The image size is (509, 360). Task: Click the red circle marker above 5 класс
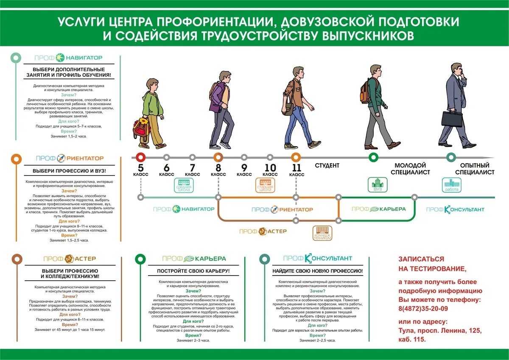(140, 157)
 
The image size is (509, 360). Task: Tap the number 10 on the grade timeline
(270, 167)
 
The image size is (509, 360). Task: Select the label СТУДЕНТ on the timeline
(327, 165)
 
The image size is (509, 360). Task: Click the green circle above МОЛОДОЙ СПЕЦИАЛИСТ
(373, 157)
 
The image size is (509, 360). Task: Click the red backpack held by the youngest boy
(140, 128)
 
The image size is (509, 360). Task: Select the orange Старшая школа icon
(265, 185)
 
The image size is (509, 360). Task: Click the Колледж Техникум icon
(323, 233)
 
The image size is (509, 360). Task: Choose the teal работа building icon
(451, 185)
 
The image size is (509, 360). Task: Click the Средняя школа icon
(184, 185)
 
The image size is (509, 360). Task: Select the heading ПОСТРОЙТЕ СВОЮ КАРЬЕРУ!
(193, 271)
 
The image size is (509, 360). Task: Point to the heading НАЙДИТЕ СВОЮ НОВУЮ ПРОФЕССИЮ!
(318, 271)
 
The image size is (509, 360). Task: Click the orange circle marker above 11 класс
(296, 157)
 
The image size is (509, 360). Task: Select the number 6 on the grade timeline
(166, 167)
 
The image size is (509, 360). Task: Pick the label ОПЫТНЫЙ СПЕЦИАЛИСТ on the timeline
(475, 169)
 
